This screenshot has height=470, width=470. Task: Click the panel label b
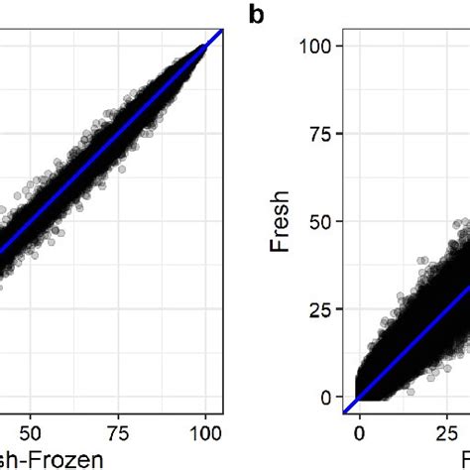point(256,17)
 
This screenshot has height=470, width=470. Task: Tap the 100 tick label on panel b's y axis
point(320,47)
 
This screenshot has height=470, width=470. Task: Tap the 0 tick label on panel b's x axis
point(359,433)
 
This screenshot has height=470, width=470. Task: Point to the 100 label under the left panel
point(206,433)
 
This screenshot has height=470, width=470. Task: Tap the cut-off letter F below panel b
point(463,458)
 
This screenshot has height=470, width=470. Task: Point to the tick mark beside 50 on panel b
point(339,221)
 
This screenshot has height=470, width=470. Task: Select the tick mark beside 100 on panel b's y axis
point(339,47)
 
